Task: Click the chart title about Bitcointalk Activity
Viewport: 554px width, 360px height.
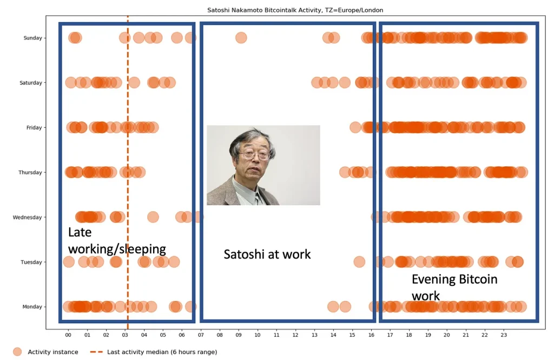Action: tap(295, 10)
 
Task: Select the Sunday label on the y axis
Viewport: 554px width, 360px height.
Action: tap(32, 38)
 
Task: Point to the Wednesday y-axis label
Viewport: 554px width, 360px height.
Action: tap(27, 217)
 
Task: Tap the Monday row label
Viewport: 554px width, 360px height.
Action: tap(32, 306)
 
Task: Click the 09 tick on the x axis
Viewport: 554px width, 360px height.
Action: tap(239, 335)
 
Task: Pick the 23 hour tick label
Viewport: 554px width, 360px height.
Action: tap(504, 335)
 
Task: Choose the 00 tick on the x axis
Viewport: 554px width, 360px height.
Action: tap(68, 335)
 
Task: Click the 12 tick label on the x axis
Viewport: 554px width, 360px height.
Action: tap(295, 335)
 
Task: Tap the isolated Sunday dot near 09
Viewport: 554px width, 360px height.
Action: tap(241, 37)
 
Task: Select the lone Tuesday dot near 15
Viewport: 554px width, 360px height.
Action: tap(359, 262)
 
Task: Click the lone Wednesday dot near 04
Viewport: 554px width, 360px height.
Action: tap(153, 217)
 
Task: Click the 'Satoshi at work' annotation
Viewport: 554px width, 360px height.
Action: tap(267, 254)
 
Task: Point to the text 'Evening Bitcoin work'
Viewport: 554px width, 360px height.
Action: tap(454, 287)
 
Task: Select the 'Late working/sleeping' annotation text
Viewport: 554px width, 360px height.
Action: tap(117, 241)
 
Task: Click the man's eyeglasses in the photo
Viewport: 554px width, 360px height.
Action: tap(254, 154)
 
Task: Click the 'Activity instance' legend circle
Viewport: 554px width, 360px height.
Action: tap(17, 352)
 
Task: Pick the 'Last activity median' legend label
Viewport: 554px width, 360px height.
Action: tap(162, 352)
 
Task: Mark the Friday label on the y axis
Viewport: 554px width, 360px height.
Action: tap(34, 127)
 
